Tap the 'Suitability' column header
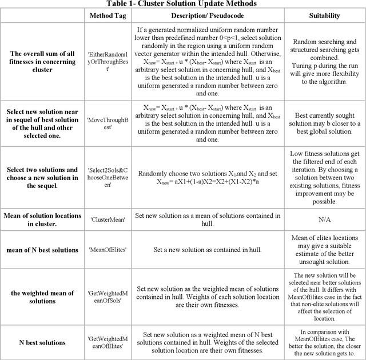[x=324, y=15]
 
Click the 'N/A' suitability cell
[x=324, y=218]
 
